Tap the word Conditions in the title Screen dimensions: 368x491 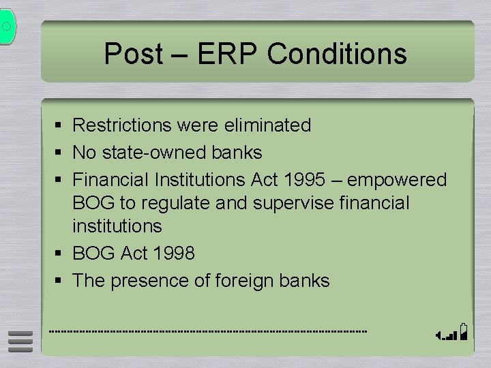pos(337,54)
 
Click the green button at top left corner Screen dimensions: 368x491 pos(6,27)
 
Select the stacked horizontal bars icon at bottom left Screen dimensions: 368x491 pos(20,341)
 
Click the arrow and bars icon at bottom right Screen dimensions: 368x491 pos(453,332)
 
